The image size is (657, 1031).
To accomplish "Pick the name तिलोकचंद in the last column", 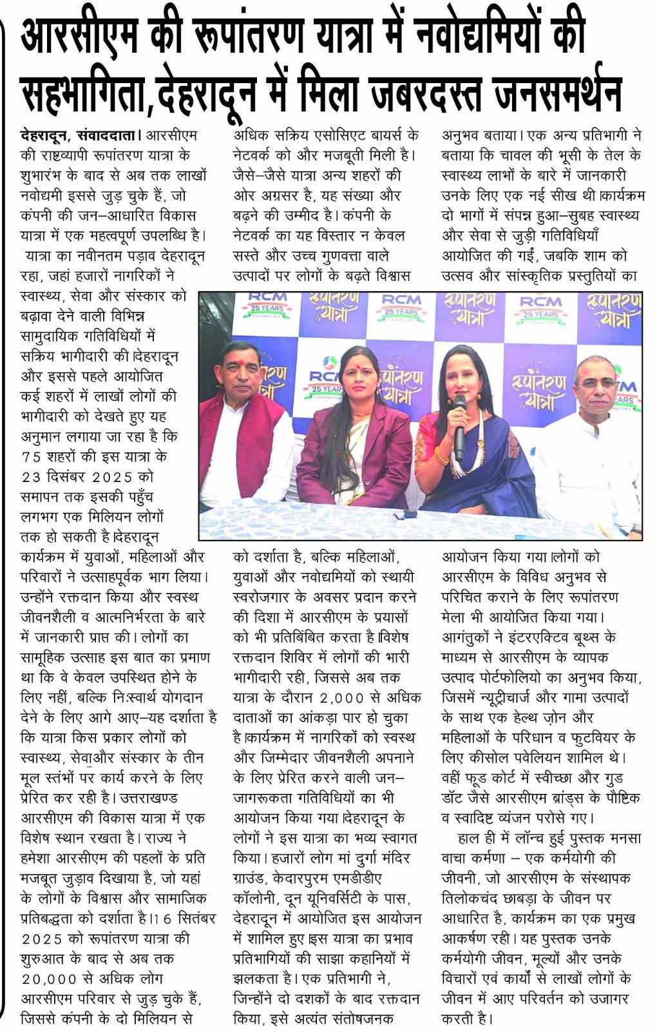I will click(469, 898).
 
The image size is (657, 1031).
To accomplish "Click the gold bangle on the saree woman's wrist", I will click(441, 458).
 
